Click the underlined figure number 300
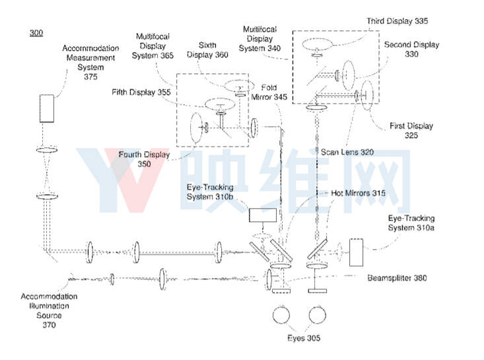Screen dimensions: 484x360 (36, 33)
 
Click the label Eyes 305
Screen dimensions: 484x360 (304, 338)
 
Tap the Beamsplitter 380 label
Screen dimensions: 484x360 (397, 278)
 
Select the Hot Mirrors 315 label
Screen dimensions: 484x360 (358, 194)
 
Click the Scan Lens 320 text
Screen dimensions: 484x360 (347, 152)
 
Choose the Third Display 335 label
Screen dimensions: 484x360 (398, 21)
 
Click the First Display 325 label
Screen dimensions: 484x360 (411, 130)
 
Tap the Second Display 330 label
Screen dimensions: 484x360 (411, 49)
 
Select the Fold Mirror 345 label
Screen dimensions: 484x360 (269, 92)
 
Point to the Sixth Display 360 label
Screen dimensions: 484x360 (207, 50)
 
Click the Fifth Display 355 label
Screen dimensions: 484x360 (141, 92)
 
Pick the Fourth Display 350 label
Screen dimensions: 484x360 (144, 159)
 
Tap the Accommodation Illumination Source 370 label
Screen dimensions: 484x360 (49, 310)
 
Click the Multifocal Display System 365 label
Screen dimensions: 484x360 (153, 46)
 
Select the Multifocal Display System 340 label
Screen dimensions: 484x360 (259, 38)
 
